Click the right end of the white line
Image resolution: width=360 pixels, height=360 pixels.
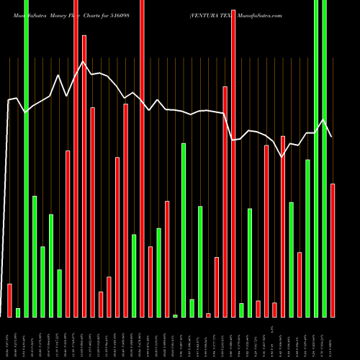(x=332, y=137)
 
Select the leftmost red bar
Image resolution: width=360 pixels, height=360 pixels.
(x=9, y=300)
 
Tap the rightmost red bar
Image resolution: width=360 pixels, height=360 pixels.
(x=333, y=250)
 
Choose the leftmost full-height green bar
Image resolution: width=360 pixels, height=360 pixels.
(x=26, y=158)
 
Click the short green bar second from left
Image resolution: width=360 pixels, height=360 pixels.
(x=18, y=312)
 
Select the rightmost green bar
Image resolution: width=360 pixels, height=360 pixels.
(x=324, y=158)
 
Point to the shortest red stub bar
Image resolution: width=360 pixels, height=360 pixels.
(x=208, y=315)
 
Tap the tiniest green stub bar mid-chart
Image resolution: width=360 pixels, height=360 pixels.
(x=175, y=315)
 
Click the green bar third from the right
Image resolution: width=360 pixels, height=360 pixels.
(x=307, y=238)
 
